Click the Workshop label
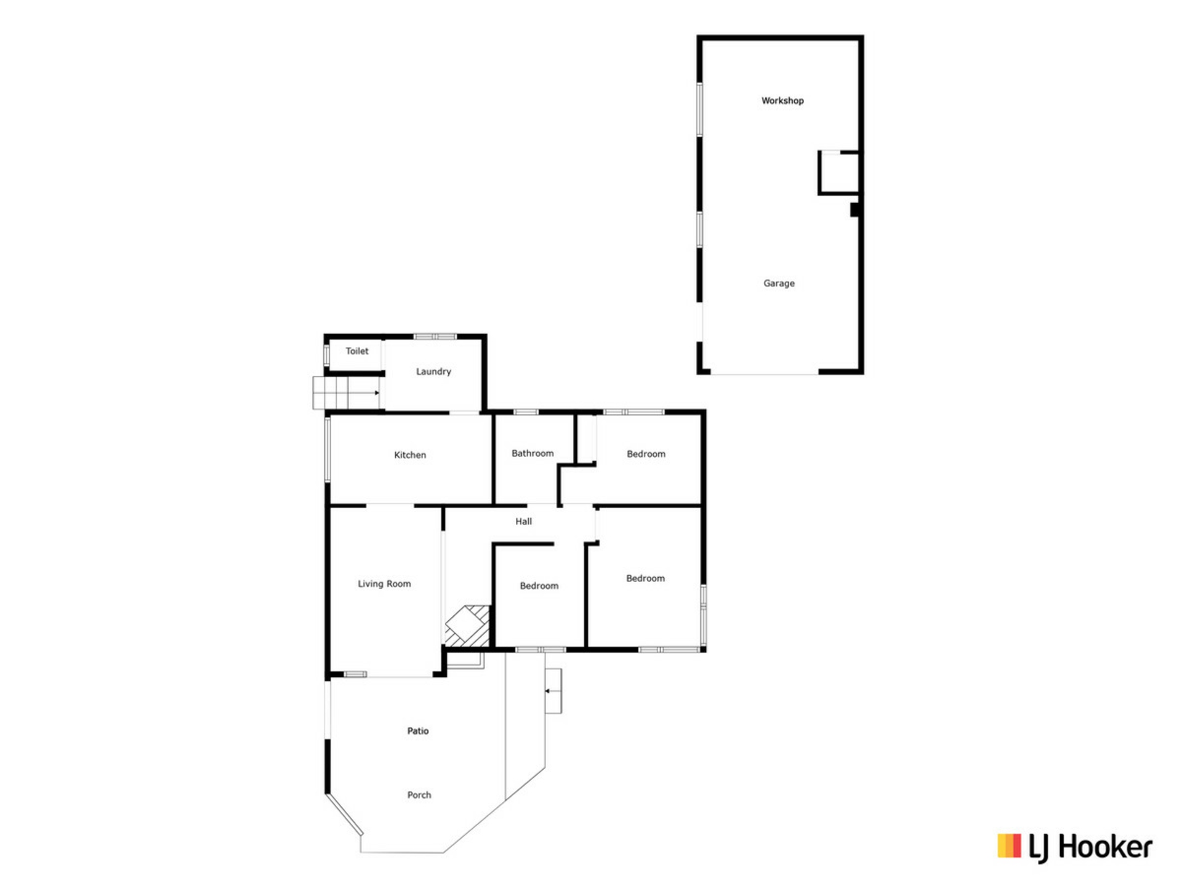(x=782, y=100)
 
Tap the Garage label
(x=779, y=284)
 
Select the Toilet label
(x=357, y=351)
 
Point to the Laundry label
(x=433, y=372)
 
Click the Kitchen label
(x=410, y=455)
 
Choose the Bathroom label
(x=533, y=453)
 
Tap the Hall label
(x=523, y=522)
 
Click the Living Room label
(x=384, y=584)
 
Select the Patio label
(x=418, y=731)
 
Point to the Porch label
(x=419, y=795)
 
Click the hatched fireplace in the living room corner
(x=467, y=626)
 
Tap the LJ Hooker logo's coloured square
(x=1009, y=845)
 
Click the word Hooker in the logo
(x=1105, y=847)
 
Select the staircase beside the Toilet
(x=346, y=393)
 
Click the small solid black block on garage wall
(x=854, y=210)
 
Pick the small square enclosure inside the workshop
(x=838, y=173)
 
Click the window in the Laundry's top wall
(x=435, y=337)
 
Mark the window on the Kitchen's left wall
(x=328, y=449)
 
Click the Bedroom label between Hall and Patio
(x=539, y=586)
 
